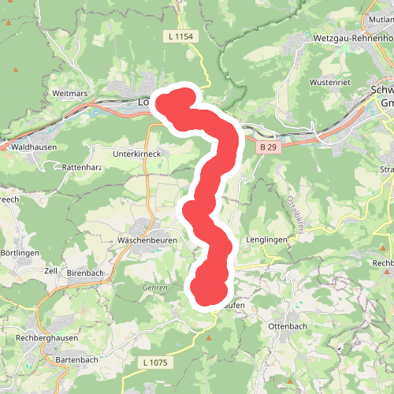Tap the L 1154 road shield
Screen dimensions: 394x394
click(180, 36)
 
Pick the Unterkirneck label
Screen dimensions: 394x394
click(137, 154)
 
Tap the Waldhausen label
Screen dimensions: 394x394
click(33, 146)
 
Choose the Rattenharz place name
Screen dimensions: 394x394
click(83, 167)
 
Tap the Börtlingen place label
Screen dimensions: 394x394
click(19, 252)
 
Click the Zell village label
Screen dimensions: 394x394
click(52, 270)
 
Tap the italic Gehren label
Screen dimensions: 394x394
click(155, 288)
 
